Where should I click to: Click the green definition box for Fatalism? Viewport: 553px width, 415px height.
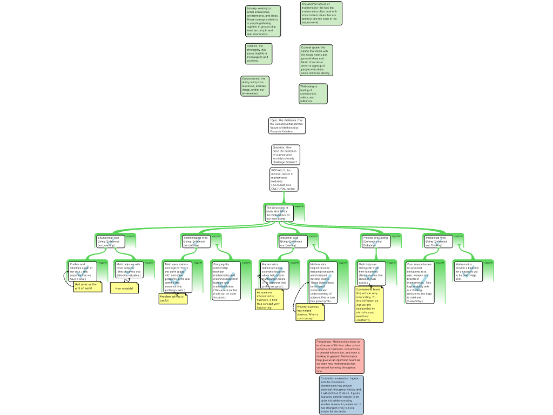258,53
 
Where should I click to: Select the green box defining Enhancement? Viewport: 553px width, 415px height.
254,86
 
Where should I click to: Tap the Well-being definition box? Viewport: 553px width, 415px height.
313,93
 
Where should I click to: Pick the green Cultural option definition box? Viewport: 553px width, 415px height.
316,60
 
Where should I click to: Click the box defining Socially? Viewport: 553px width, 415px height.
263,21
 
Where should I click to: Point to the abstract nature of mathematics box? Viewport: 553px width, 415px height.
321,14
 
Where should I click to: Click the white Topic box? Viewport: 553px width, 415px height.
287,125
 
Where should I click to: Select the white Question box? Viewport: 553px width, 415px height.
285,155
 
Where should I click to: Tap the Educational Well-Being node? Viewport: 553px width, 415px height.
110,241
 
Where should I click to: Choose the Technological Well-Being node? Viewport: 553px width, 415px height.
195,241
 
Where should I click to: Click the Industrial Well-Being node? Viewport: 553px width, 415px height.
293,241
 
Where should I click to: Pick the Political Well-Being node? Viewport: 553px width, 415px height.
376,241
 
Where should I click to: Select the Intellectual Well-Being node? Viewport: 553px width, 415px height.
438,241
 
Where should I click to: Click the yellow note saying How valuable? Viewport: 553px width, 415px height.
124,288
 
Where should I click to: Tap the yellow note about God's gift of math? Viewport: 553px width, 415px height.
87,286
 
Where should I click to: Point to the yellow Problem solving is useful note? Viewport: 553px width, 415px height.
173,298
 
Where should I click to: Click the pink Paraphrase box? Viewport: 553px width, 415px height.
340,356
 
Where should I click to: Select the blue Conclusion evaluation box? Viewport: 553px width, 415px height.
341,395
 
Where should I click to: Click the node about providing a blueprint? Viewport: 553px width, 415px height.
468,271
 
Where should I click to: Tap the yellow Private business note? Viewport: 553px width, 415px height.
310,312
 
